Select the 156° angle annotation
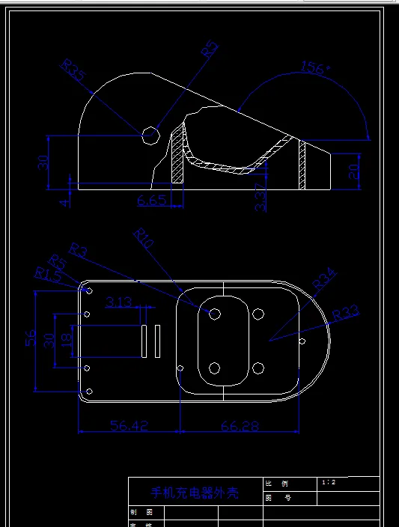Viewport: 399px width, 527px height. pyautogui.click(x=315, y=68)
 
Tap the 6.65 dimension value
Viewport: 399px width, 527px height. pyautogui.click(x=152, y=200)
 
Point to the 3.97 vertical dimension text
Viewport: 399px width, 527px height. pyautogui.click(x=261, y=197)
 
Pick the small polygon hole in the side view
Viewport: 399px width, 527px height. pyautogui.click(x=150, y=135)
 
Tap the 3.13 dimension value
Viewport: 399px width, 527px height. pyautogui.click(x=119, y=302)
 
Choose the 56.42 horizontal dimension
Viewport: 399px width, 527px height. pyautogui.click(x=129, y=425)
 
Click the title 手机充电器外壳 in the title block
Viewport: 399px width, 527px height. pyautogui.click(x=195, y=493)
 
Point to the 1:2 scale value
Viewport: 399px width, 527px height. pyautogui.click(x=328, y=483)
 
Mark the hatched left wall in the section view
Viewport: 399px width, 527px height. pyautogui.click(x=178, y=159)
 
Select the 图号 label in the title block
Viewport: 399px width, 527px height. pyautogui.click(x=278, y=498)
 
